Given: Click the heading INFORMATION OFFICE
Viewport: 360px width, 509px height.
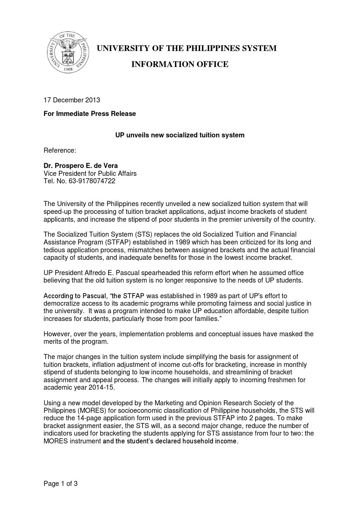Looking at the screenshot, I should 180,64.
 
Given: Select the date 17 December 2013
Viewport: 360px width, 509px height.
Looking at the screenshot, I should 72,100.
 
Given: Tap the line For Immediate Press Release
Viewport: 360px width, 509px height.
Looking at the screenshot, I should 89,114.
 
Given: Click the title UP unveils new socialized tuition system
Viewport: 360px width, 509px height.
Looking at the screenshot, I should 180,135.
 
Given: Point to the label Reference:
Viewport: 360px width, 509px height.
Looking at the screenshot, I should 60,150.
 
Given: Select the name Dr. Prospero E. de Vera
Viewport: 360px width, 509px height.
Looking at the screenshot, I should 81,166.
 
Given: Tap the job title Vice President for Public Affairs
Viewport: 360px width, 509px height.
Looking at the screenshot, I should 90,173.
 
